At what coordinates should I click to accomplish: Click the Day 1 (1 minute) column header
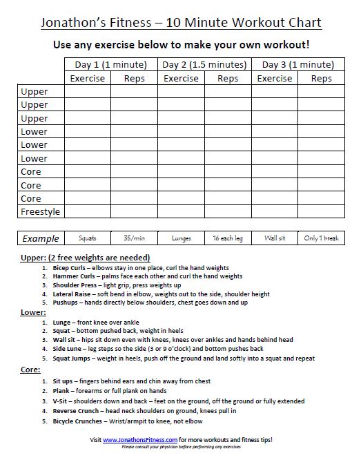(x=110, y=65)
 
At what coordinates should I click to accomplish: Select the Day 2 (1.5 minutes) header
(x=204, y=65)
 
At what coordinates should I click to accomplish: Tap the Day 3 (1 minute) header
(x=298, y=65)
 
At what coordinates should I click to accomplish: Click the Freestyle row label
(x=40, y=211)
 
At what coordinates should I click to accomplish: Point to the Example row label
(x=41, y=238)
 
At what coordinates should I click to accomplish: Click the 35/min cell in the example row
(x=134, y=238)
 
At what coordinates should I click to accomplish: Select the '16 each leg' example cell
(x=228, y=238)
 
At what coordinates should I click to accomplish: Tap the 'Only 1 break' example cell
(x=322, y=238)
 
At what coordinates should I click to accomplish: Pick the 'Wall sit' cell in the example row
(x=275, y=238)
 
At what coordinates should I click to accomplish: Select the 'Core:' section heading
(x=31, y=370)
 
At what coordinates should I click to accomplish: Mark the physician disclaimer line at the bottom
(x=181, y=447)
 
